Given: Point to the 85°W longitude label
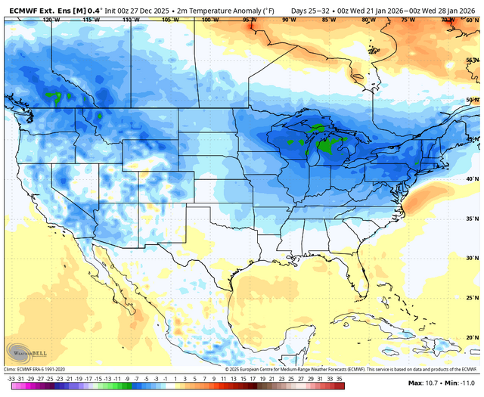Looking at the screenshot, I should tap(327, 20).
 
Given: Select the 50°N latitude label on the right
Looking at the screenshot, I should tap(471, 100).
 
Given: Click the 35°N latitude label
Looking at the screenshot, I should tap(471, 219).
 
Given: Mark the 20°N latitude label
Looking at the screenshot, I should tap(471, 338).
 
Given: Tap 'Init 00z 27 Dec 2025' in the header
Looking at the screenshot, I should tap(130, 6).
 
